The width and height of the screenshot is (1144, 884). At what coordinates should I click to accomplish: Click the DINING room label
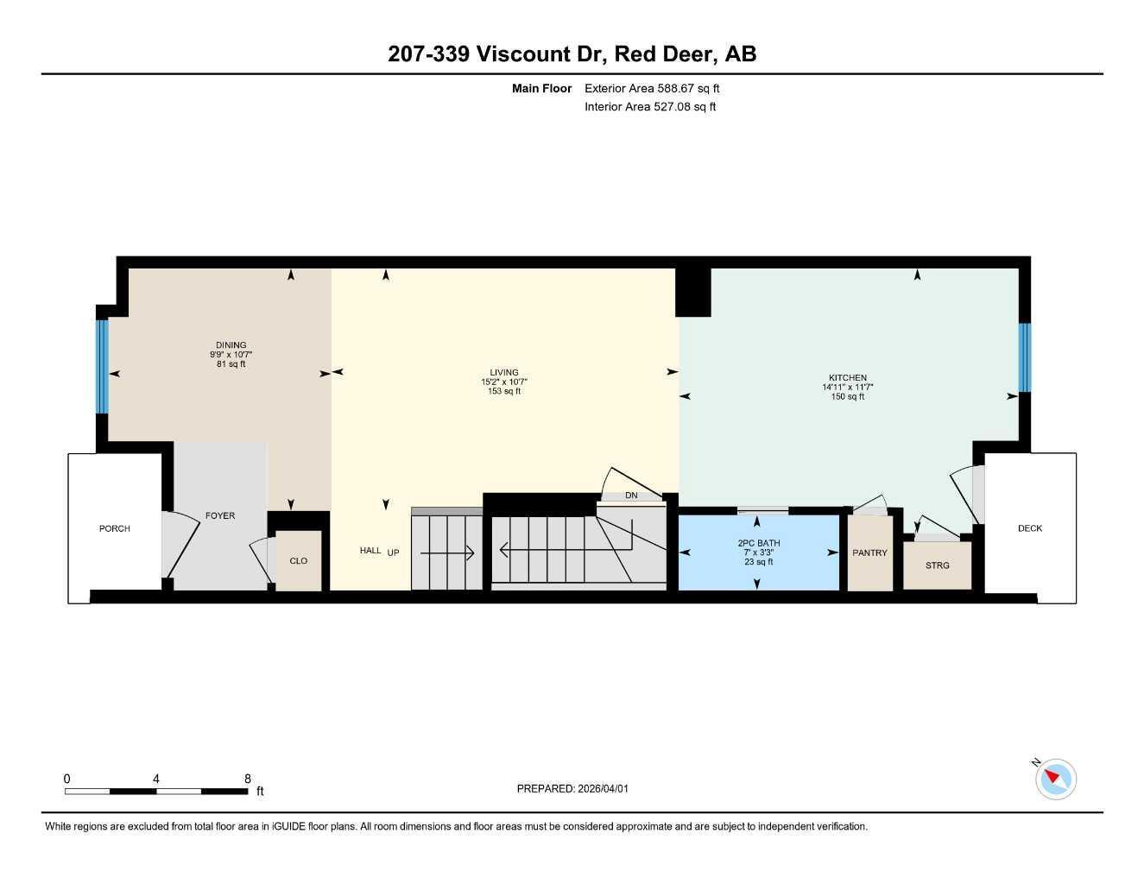tap(231, 345)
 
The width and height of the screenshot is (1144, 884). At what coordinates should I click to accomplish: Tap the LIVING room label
tap(504, 373)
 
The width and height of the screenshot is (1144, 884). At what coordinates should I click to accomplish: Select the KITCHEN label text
tap(847, 378)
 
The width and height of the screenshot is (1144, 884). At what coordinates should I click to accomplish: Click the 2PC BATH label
tap(758, 543)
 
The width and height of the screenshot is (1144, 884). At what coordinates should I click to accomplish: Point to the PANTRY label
tap(869, 552)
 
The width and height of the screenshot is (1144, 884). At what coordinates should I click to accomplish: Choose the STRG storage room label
tap(937, 565)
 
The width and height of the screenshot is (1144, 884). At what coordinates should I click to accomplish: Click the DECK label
tap(1029, 528)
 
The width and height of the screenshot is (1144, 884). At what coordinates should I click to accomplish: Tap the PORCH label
tap(114, 528)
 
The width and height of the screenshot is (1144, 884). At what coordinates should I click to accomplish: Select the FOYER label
tap(219, 515)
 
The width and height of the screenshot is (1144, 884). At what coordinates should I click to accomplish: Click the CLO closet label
tap(298, 561)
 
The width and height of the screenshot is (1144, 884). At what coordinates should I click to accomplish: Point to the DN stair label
tap(631, 496)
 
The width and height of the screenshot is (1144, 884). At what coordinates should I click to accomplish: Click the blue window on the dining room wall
tap(102, 366)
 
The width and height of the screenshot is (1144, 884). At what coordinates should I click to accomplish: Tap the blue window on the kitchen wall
tap(1024, 357)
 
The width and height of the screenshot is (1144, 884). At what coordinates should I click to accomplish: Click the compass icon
tap(1055, 779)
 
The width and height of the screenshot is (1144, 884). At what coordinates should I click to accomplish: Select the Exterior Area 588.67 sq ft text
tap(652, 88)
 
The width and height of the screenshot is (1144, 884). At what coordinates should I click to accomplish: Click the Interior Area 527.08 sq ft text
tap(650, 107)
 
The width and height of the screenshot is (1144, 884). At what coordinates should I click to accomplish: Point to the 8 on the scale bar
tap(248, 779)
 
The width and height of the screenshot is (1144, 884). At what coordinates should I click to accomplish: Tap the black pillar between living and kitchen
tap(692, 292)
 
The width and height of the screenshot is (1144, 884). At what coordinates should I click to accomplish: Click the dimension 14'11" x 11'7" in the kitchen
tap(847, 388)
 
